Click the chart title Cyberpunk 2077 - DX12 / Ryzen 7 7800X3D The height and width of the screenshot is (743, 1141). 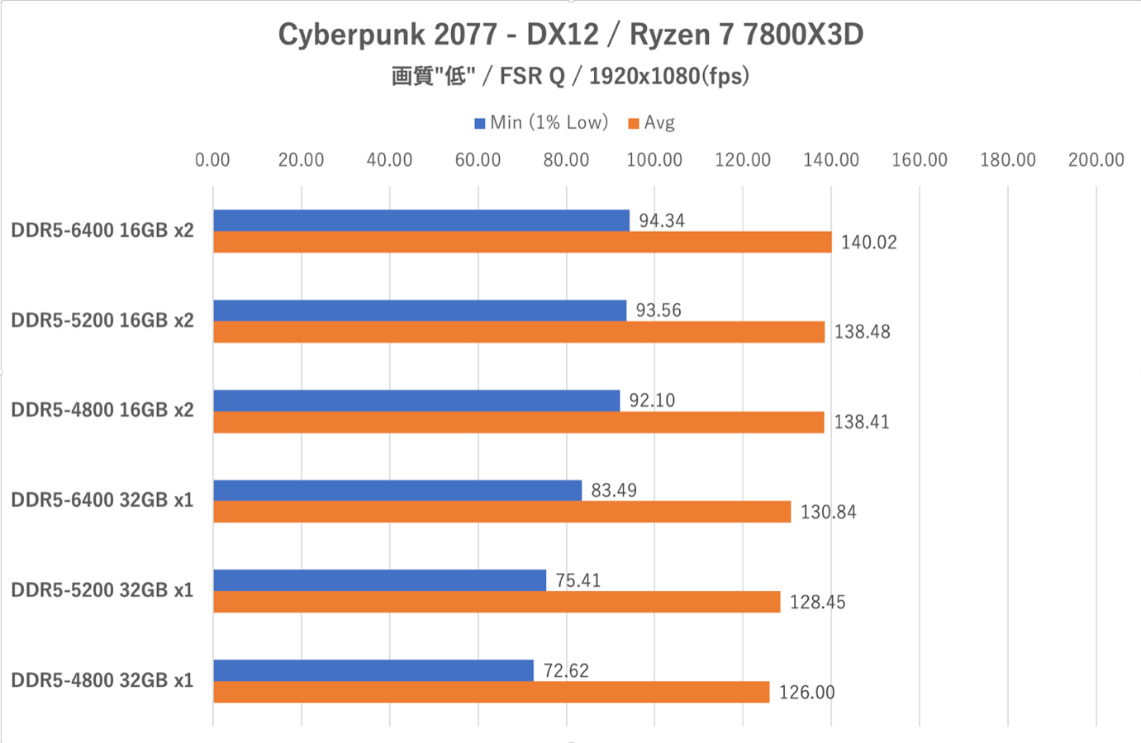(570, 35)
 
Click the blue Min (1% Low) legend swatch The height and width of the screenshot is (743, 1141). (479, 123)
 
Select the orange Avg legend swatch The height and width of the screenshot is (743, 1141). (634, 123)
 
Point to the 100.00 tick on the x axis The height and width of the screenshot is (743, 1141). (654, 160)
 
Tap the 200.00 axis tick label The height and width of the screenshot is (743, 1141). (1096, 160)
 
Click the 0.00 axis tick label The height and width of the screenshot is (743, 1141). (212, 160)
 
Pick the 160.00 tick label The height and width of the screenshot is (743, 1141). (920, 160)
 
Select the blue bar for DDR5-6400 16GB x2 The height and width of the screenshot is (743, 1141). (421, 220)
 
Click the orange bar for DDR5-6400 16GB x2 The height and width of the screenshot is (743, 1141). (523, 242)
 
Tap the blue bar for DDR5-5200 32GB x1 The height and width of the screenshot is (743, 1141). (379, 580)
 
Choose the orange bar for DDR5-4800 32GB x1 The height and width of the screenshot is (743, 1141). (492, 692)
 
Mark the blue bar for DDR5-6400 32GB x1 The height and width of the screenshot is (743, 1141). (397, 490)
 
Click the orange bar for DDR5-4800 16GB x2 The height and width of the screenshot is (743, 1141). (519, 423)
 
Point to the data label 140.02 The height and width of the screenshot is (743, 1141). (869, 242)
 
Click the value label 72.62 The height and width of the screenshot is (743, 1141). (566, 670)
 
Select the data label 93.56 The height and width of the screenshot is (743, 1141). (658, 310)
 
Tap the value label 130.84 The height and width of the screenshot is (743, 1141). (829, 512)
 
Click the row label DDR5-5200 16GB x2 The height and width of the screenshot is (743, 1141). (102, 320)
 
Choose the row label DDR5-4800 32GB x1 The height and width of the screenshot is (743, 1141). (102, 680)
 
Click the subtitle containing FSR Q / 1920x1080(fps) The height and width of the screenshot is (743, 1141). (570, 76)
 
